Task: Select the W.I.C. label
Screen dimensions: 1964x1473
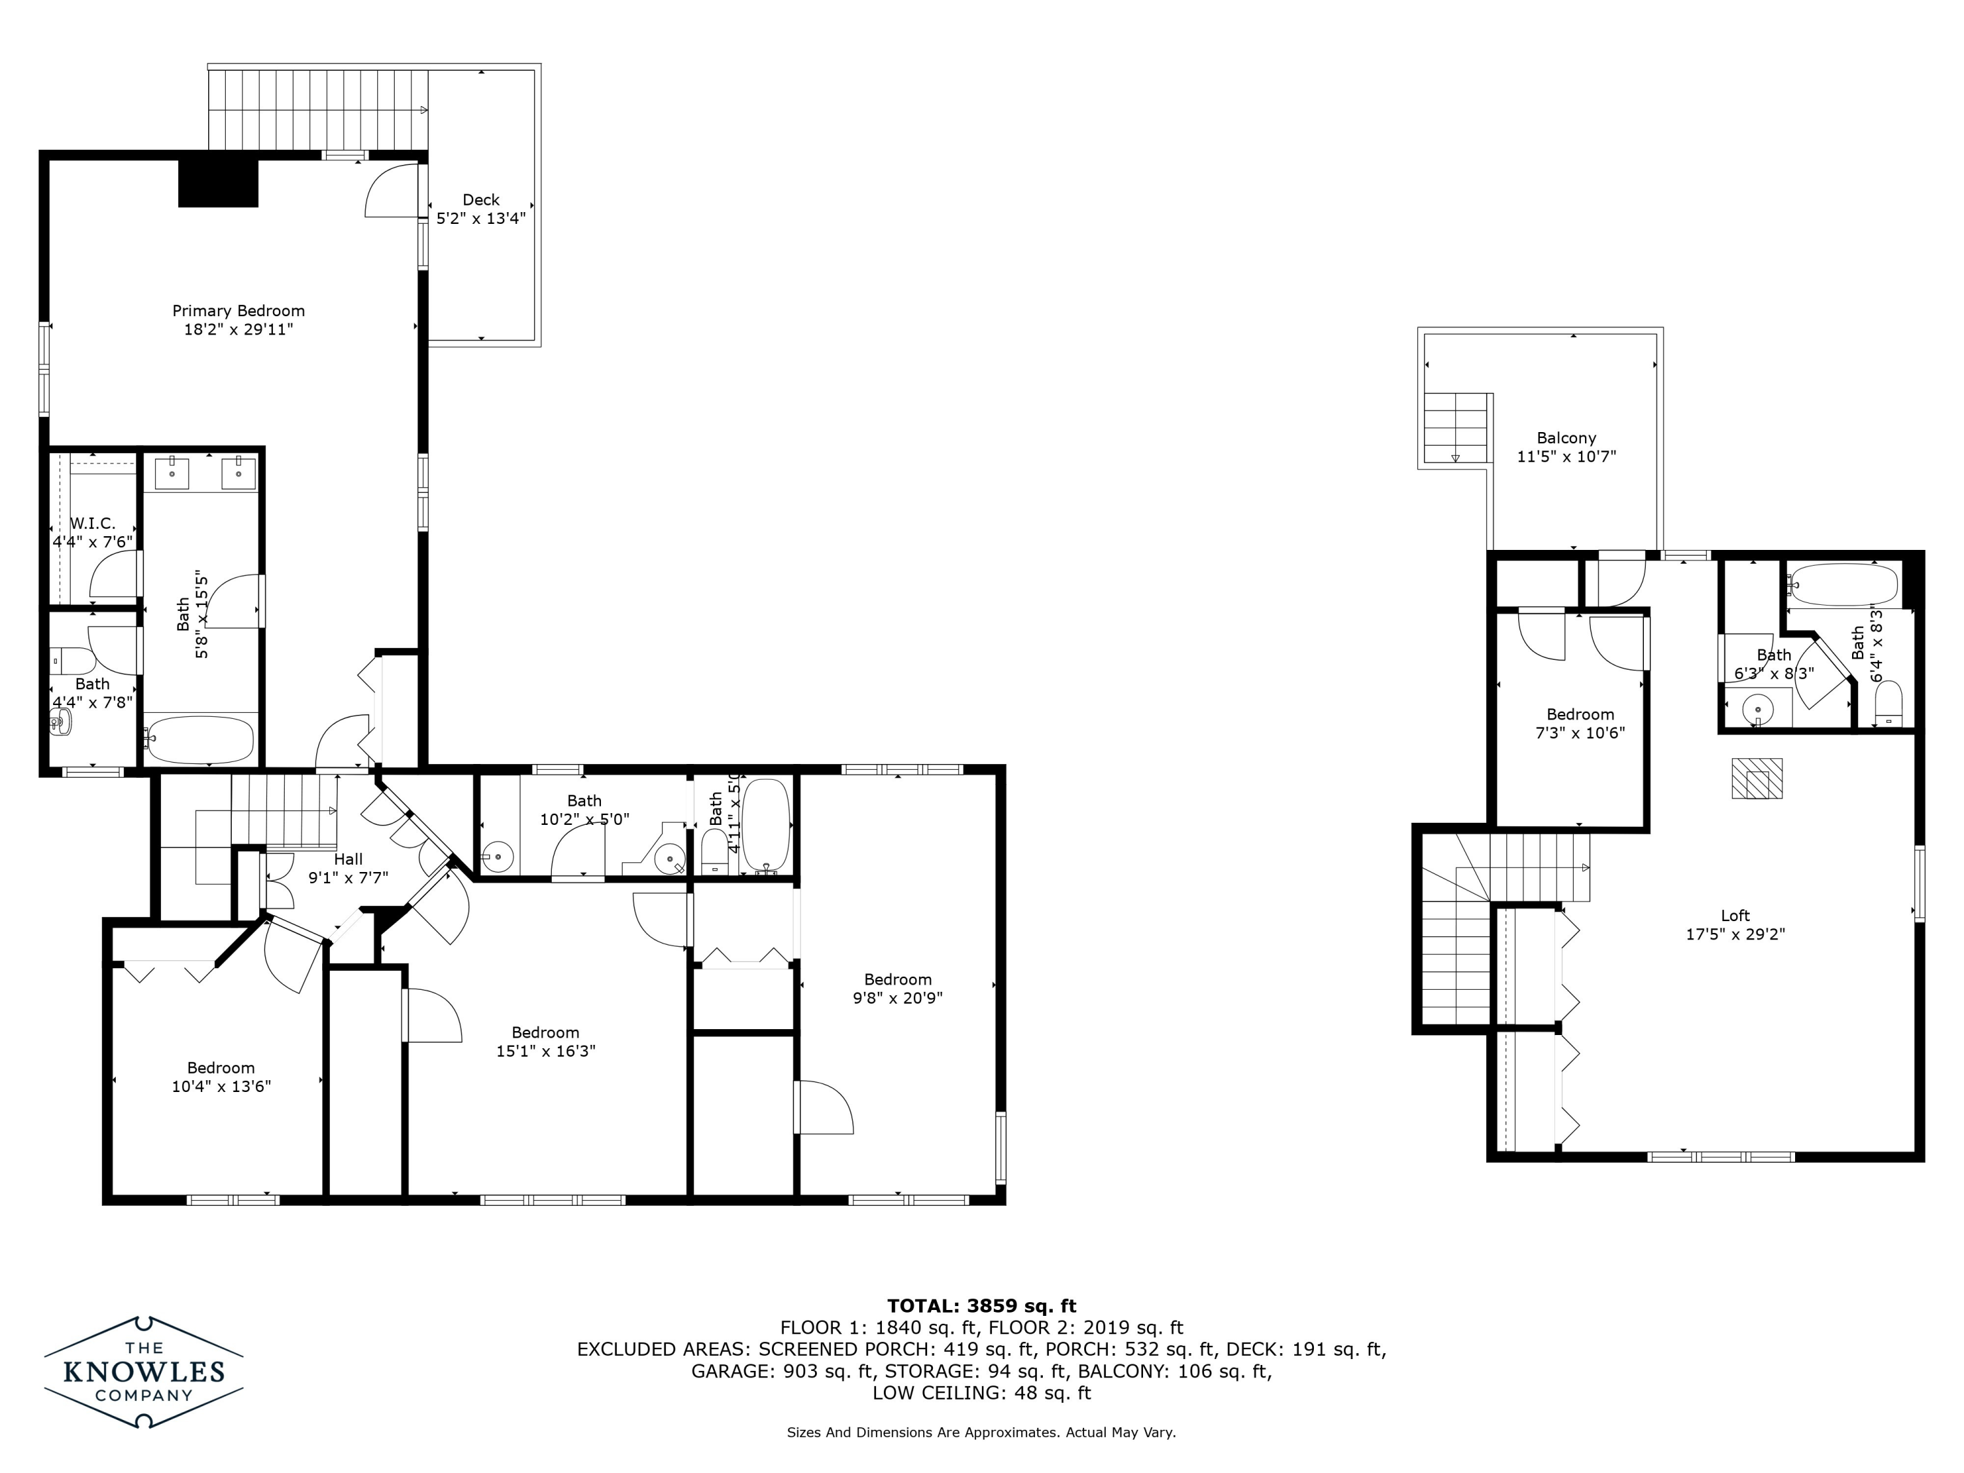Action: [92, 524]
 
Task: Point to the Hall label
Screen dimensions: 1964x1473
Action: [348, 858]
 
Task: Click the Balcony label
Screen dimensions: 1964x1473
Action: [1566, 438]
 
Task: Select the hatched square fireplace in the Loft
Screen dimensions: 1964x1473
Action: [1756, 778]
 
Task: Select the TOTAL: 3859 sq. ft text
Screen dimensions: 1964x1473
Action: [981, 1306]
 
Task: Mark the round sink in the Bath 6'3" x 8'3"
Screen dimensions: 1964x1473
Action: [1756, 710]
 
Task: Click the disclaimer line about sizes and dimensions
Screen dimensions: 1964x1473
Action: [981, 1432]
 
